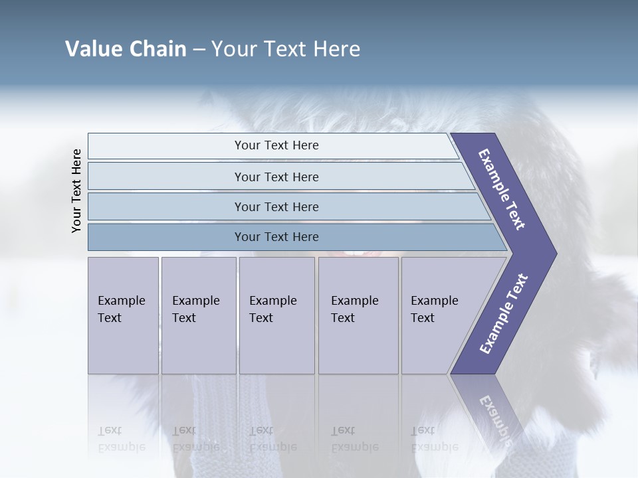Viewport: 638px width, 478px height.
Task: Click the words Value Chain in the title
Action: pos(126,49)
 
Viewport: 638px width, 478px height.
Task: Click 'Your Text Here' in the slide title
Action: pos(286,49)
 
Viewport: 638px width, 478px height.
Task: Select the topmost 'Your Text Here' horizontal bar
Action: pos(276,145)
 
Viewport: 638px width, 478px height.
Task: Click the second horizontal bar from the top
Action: pos(276,177)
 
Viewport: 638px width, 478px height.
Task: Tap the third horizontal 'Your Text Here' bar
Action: pos(276,206)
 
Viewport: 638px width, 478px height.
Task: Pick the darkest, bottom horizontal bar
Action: pos(276,237)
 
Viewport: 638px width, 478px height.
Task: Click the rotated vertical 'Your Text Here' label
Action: pos(76,191)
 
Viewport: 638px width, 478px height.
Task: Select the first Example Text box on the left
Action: pos(123,315)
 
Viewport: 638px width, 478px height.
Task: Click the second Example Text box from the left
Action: pos(199,315)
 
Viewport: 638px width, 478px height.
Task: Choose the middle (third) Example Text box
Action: pos(276,315)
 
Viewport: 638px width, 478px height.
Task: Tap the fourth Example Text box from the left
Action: pos(358,315)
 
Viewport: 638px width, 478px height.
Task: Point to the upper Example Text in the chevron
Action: pos(502,189)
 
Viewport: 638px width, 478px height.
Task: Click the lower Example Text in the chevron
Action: pos(503,314)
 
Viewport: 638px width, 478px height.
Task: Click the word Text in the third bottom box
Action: pos(261,318)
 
